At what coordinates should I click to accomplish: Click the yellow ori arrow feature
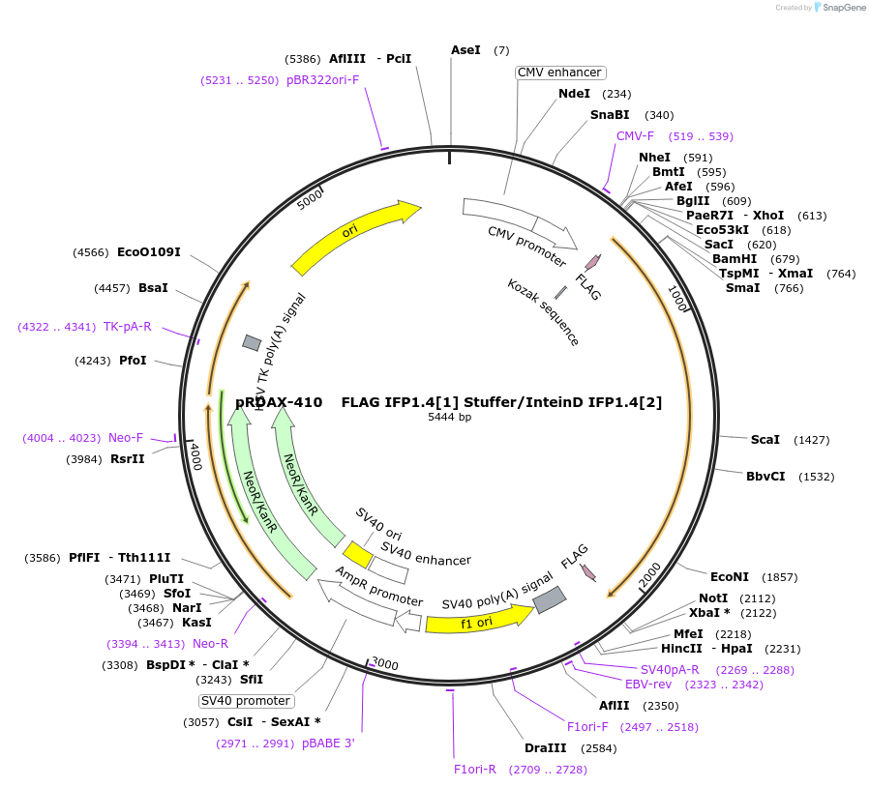[x=354, y=233]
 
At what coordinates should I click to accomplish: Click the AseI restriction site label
[x=465, y=50]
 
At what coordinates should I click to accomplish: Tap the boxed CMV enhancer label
[x=560, y=73]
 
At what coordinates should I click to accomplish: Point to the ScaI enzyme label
[x=765, y=440]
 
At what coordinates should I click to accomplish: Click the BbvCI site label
[x=765, y=477]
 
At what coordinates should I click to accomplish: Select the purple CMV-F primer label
[x=635, y=136]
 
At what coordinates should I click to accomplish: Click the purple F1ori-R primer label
[x=475, y=770]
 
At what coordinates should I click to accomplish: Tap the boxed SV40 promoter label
[x=246, y=701]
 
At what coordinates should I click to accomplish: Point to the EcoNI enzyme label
[x=731, y=577]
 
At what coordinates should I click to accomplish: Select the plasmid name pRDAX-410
[x=279, y=402]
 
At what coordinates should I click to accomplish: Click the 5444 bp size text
[x=450, y=418]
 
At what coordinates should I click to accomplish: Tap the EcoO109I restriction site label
[x=149, y=252]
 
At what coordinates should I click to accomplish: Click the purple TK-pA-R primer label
[x=128, y=327]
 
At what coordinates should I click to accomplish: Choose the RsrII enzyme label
[x=128, y=459]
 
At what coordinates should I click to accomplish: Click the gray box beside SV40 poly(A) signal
[x=550, y=599]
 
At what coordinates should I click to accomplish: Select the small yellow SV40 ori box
[x=358, y=555]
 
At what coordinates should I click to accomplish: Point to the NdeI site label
[x=574, y=94]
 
